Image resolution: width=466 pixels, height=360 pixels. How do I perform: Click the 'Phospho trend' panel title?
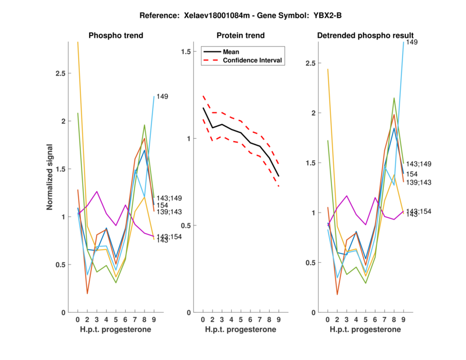(115, 36)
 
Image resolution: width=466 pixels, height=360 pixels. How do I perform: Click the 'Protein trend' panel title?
(241, 36)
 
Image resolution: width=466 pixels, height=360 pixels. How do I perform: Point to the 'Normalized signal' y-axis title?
(51, 177)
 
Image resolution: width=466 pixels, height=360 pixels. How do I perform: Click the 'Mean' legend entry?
(231, 52)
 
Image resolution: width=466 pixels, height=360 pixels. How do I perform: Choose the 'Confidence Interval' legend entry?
(253, 61)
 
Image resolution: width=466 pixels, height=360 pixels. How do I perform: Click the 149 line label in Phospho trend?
(162, 97)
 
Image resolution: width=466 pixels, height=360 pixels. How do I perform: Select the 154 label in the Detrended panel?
(412, 174)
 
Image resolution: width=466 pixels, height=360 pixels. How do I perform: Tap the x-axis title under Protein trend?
(241, 330)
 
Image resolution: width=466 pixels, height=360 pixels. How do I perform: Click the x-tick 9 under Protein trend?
(278, 320)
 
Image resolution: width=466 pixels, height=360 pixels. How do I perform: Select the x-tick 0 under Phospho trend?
(77, 320)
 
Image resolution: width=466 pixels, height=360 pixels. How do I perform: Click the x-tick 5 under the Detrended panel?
(365, 320)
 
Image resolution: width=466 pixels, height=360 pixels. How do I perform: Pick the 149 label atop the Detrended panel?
(412, 43)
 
